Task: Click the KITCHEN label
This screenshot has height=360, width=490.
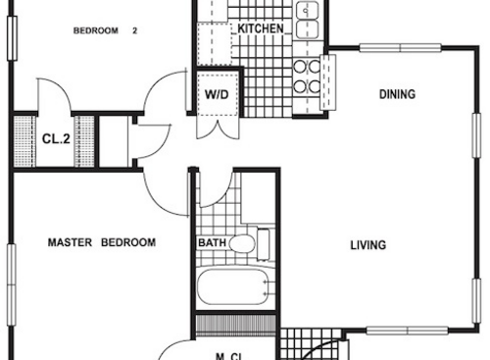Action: (x=261, y=29)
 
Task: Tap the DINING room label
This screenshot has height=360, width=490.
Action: (x=397, y=95)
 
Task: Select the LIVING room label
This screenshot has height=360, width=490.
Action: (x=367, y=245)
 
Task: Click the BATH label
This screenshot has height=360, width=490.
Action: (x=212, y=243)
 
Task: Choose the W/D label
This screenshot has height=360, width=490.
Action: (x=216, y=95)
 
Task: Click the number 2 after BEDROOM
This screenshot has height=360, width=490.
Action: (x=134, y=30)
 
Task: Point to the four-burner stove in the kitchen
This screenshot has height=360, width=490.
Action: (x=307, y=77)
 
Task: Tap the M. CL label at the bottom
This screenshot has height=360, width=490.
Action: (x=230, y=354)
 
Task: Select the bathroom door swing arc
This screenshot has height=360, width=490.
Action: (x=216, y=186)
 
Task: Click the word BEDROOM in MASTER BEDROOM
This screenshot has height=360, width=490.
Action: (x=127, y=242)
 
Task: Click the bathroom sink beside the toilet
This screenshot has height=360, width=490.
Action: (x=266, y=241)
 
